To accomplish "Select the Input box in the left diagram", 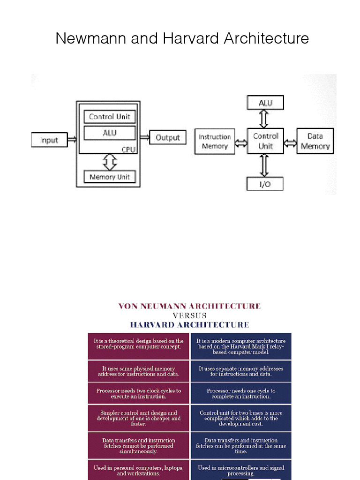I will (49, 140).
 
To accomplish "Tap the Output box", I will (167, 137).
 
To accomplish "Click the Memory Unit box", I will (110, 177).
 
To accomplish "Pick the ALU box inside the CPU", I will (110, 133).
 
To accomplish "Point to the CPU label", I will (128, 149).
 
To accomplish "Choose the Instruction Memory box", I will (214, 142).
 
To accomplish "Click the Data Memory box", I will (315, 141).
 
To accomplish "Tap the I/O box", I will (265, 184).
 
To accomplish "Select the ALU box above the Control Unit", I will (265, 103).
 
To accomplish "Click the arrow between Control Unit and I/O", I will (265, 165).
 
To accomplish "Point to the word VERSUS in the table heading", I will (189, 315).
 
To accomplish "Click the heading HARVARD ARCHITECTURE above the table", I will (189, 324).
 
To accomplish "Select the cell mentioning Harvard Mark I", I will (241, 346).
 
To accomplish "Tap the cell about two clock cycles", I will (139, 393).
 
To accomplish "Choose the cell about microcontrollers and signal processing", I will (241, 470).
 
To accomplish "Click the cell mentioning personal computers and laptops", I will (139, 470).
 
